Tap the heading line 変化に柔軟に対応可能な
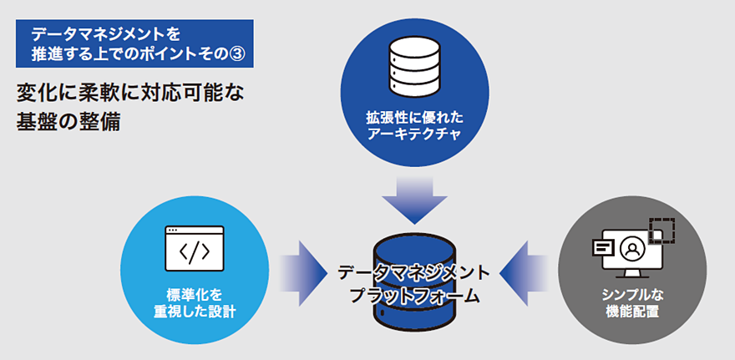tap(130, 90)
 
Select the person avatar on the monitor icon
tap(632, 248)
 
